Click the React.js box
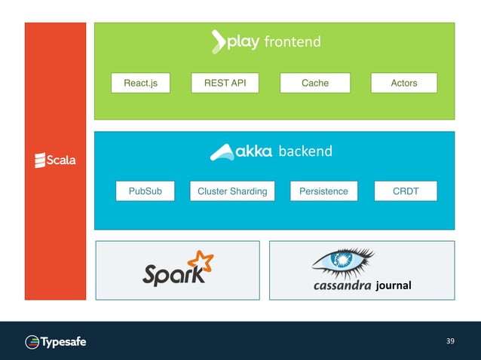click(x=140, y=83)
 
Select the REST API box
click(x=225, y=83)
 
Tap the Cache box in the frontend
click(x=314, y=83)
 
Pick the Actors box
click(x=403, y=83)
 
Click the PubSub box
click(x=145, y=191)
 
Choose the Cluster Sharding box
click(x=232, y=191)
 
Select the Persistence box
click(x=323, y=191)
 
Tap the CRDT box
click(x=406, y=191)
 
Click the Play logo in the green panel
click(x=234, y=42)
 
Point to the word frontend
click(x=292, y=42)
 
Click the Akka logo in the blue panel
click(x=241, y=151)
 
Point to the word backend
click(x=305, y=151)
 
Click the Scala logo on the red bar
click(x=55, y=160)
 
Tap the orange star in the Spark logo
click(x=201, y=261)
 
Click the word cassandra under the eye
click(x=342, y=286)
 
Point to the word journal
click(x=393, y=286)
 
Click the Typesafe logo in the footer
click(x=56, y=342)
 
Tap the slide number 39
click(x=450, y=342)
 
